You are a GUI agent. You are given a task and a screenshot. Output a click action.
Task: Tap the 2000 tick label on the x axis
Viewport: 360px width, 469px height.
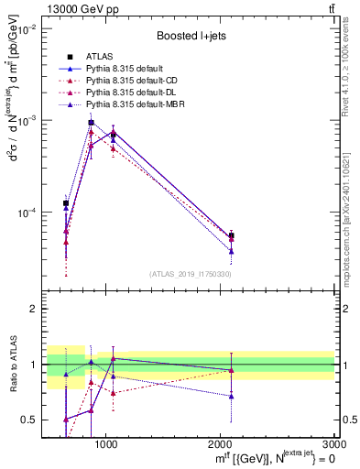[220, 444]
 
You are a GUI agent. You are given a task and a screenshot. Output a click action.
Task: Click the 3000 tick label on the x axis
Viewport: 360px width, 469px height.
[333, 444]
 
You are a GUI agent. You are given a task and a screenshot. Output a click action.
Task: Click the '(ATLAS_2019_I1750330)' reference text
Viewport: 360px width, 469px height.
[191, 274]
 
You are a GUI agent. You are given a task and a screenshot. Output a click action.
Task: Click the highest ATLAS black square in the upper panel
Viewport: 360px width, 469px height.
[91, 123]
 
